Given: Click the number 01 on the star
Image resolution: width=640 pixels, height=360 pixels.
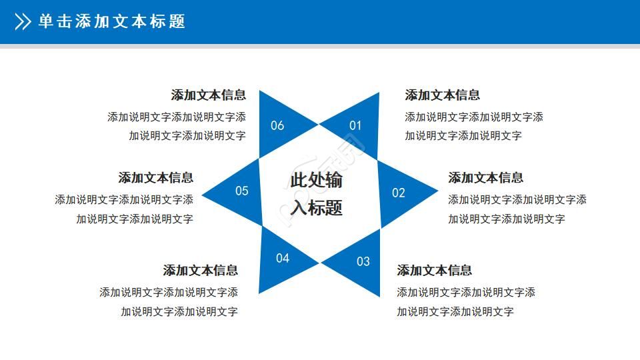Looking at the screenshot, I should tap(355, 125).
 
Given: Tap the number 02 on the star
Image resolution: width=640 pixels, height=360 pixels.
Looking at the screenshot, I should tap(399, 193).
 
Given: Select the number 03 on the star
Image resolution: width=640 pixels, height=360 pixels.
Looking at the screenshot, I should tap(363, 261).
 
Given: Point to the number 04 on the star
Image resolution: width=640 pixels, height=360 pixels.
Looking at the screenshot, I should tap(283, 258).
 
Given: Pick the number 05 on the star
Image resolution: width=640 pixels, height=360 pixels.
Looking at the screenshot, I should tap(241, 191).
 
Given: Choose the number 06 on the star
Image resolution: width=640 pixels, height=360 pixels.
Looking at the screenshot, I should tap(277, 125).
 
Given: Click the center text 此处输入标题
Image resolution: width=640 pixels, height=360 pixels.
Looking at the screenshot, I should tap(317, 194).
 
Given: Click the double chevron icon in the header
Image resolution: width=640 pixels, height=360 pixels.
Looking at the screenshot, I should tap(23, 22).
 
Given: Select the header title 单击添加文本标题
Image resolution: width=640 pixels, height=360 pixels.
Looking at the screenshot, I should tap(111, 22).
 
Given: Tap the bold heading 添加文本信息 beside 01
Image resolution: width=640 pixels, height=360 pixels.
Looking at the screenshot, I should tap(442, 95).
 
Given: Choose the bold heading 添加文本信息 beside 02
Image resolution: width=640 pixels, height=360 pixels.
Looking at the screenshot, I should tap(485, 178).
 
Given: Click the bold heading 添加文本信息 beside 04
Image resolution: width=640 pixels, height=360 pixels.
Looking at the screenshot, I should tap(201, 271).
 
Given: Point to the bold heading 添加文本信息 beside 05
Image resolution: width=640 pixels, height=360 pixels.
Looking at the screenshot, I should tap(156, 178).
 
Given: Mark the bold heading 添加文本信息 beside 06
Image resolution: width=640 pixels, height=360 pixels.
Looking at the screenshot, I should tap(208, 95).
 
